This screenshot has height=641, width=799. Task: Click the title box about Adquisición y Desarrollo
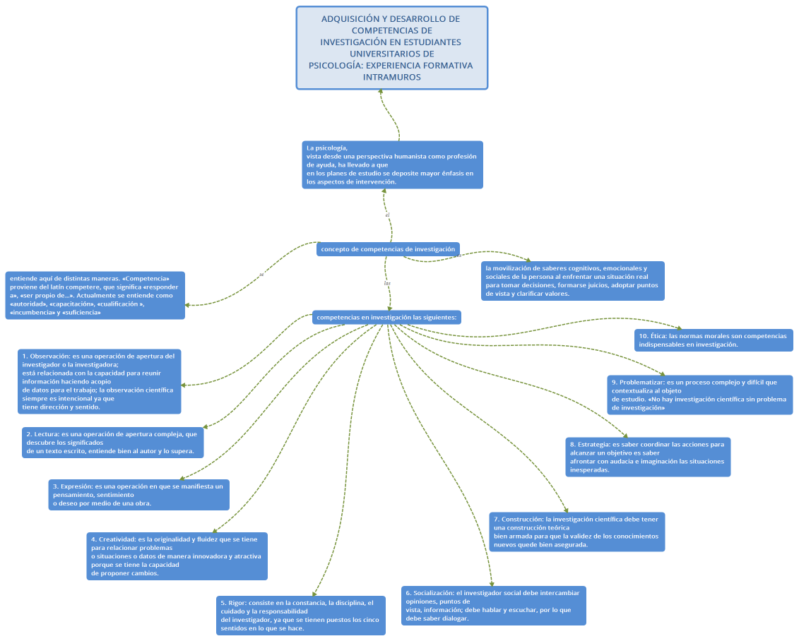click(391, 48)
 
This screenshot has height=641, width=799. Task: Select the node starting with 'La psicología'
click(393, 164)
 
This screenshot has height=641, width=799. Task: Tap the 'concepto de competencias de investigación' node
click(388, 249)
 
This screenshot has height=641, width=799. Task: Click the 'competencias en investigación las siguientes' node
click(387, 318)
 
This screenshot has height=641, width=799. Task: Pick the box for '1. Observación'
click(100, 381)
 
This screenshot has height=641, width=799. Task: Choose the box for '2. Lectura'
click(113, 443)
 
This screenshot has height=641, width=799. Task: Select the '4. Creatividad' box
click(177, 556)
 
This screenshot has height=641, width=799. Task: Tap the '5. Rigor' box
click(301, 616)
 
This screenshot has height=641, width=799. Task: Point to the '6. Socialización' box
click(494, 606)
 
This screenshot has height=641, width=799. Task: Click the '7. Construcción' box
click(577, 532)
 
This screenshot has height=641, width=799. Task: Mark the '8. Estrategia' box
click(648, 457)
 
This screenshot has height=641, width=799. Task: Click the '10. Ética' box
click(713, 340)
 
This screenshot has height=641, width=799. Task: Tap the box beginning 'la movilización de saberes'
click(573, 281)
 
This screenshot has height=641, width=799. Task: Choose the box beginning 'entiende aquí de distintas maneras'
click(95, 295)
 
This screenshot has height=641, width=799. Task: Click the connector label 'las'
click(387, 283)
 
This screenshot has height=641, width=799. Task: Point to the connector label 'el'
click(388, 215)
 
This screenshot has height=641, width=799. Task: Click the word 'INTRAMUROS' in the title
click(391, 77)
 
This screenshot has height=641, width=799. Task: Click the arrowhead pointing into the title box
click(381, 95)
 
